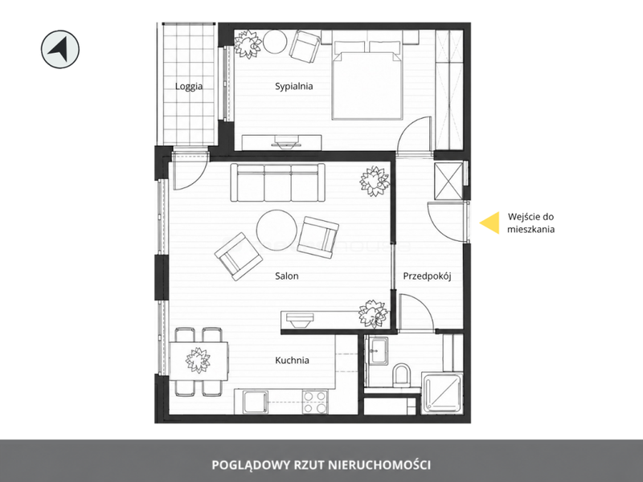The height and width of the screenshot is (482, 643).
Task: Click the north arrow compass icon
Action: point(59,49)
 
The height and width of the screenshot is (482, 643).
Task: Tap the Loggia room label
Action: point(189,87)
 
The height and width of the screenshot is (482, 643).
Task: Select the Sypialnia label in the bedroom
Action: point(293,87)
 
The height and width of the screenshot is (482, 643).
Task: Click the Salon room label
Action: point(287,276)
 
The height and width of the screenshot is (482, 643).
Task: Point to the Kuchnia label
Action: point(292,360)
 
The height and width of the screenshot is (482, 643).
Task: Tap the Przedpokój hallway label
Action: point(427,276)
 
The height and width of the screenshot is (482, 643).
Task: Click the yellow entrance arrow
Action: point(489,223)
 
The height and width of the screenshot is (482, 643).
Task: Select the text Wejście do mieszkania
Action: point(530,223)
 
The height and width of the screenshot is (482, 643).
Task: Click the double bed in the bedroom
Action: point(367,80)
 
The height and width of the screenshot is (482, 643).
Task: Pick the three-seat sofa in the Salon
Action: point(277,182)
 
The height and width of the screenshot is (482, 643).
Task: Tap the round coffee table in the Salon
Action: point(276,230)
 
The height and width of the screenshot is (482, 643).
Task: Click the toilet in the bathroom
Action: point(401,374)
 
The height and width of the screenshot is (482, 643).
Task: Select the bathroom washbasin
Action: point(379,351)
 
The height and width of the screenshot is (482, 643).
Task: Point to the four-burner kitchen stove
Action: point(315,402)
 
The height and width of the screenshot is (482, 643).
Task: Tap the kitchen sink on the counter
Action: point(255,402)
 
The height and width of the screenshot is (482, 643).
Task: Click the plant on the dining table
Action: point(198,360)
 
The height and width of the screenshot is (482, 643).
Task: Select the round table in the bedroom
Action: point(275,42)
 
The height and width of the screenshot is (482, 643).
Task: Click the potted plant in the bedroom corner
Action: point(248,44)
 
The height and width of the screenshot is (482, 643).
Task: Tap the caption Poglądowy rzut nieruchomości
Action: point(321,465)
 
